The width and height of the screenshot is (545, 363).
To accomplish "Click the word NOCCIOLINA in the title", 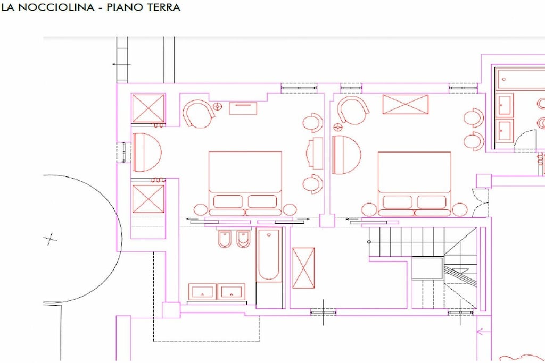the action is (56, 7).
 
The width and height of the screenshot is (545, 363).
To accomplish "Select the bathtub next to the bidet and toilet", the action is (269, 255).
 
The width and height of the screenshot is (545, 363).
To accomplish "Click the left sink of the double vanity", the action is (202, 292).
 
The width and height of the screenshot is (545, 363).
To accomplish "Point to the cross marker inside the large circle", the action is (51, 239).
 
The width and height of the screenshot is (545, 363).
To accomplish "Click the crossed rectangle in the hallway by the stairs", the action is (303, 268).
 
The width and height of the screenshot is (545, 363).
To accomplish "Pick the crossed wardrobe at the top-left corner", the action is (148, 108).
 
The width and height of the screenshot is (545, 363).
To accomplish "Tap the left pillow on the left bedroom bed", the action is (228, 201).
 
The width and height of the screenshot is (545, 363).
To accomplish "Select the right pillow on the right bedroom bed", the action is (431, 202).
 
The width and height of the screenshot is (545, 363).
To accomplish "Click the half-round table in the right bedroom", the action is (346, 155).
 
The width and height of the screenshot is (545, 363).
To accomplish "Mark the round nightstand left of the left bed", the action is (201, 209).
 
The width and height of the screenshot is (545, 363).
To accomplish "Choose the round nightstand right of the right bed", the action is (460, 209).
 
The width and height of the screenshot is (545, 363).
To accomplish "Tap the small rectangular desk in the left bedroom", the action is (243, 108).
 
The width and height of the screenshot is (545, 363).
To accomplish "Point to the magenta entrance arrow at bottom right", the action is (483, 332).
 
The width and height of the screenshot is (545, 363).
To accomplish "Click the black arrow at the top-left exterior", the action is (121, 64).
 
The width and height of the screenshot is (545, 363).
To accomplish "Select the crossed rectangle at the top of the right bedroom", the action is (405, 104).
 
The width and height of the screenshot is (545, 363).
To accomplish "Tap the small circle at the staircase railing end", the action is (369, 242).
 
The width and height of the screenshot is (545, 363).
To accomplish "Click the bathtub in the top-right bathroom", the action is (521, 79).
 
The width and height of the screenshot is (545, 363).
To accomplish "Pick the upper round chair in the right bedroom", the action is (474, 117).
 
